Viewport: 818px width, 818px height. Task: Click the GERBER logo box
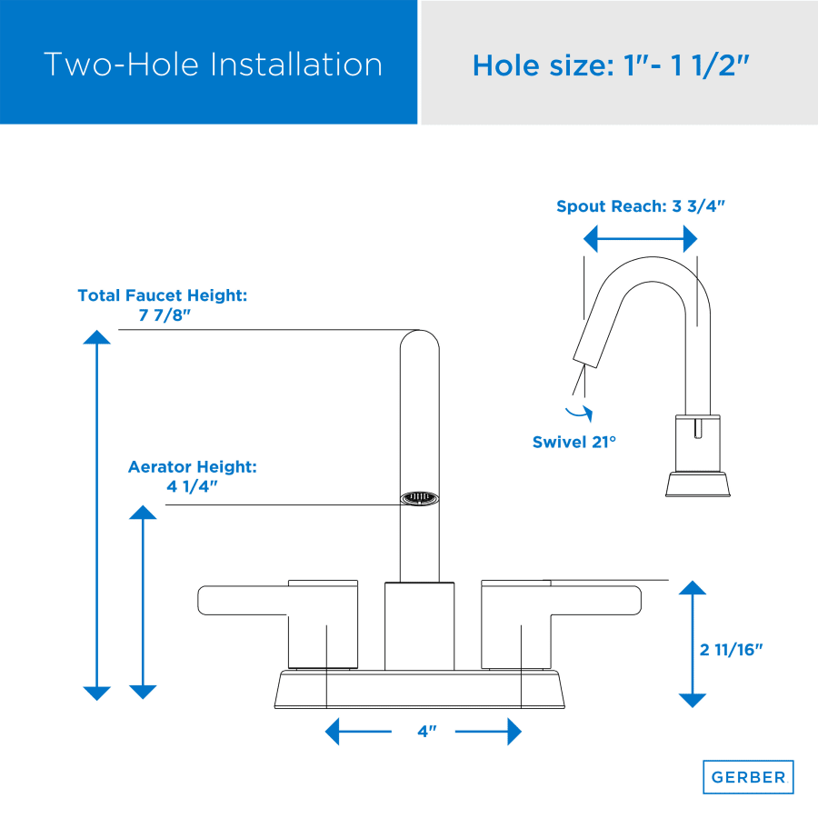click(748, 777)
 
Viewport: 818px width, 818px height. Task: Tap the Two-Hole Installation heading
click(213, 65)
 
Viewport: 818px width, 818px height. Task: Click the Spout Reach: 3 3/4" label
click(641, 206)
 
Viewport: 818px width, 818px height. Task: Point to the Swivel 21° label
click(574, 442)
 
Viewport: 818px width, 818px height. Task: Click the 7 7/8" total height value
click(165, 315)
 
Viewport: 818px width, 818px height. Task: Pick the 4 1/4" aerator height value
click(192, 486)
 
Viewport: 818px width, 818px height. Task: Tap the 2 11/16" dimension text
click(731, 650)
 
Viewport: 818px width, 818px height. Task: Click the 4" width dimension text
click(427, 732)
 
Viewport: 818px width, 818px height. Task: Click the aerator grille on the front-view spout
click(419, 498)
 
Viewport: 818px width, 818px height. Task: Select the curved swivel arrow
click(579, 414)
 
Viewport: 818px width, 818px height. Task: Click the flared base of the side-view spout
click(697, 484)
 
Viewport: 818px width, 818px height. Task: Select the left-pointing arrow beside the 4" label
click(358, 732)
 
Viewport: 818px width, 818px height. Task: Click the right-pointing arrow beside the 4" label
click(488, 732)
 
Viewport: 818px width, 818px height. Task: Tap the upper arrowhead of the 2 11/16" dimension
click(693, 588)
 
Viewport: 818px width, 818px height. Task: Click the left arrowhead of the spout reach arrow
click(591, 239)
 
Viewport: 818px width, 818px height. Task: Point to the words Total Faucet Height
click(163, 295)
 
